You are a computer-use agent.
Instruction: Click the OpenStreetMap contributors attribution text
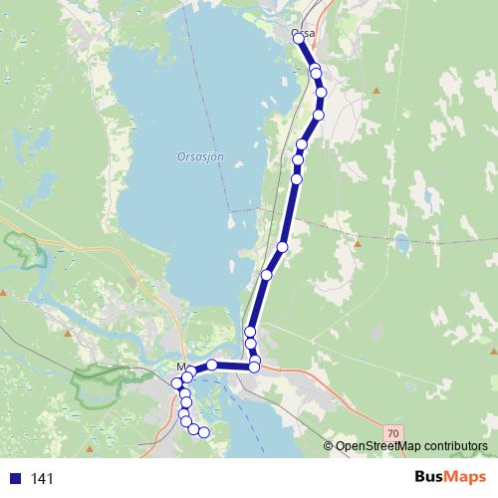pyautogui.click(x=411, y=446)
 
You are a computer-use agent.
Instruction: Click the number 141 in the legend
pyautogui.click(x=43, y=479)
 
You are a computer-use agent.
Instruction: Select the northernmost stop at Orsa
pyautogui.click(x=298, y=37)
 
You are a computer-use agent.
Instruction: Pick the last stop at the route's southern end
pyautogui.click(x=205, y=432)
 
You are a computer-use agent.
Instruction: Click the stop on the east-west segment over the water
pyautogui.click(x=212, y=366)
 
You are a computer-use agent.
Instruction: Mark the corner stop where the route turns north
pyautogui.click(x=254, y=368)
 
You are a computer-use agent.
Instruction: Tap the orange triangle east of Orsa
pyautogui.click(x=376, y=91)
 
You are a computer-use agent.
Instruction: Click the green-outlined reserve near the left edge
pyautogui.click(x=27, y=249)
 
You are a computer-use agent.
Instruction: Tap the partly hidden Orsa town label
pyautogui.click(x=306, y=34)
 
